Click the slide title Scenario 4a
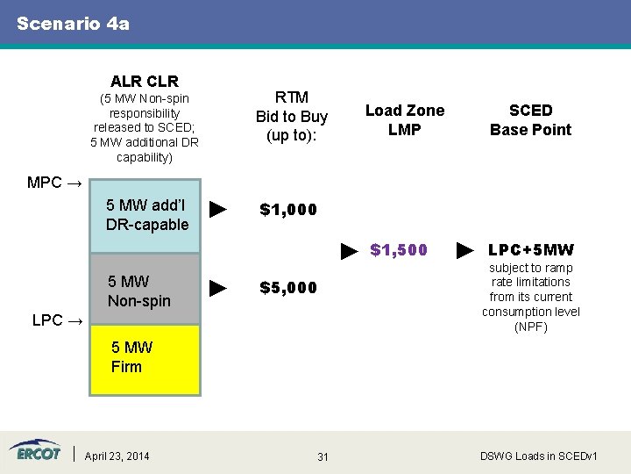(73, 24)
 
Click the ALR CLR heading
(144, 82)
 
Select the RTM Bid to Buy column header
(291, 116)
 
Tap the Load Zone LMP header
(404, 119)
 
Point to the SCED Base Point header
(530, 119)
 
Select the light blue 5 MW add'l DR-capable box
(145, 216)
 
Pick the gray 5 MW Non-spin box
(145, 290)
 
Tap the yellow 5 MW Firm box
(145, 359)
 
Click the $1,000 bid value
(288, 210)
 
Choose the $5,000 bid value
(288, 288)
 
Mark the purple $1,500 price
(399, 251)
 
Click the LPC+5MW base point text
(530, 251)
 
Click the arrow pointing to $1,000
(220, 210)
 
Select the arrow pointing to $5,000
(220, 288)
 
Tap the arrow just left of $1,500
(349, 252)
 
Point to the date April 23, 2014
(117, 456)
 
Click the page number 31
(323, 456)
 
